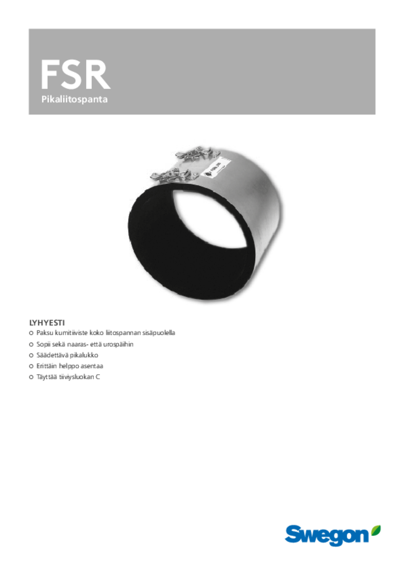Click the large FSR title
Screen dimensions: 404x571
[75, 75]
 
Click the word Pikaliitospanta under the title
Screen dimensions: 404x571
[74, 100]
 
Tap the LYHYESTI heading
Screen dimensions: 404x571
[47, 323]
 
